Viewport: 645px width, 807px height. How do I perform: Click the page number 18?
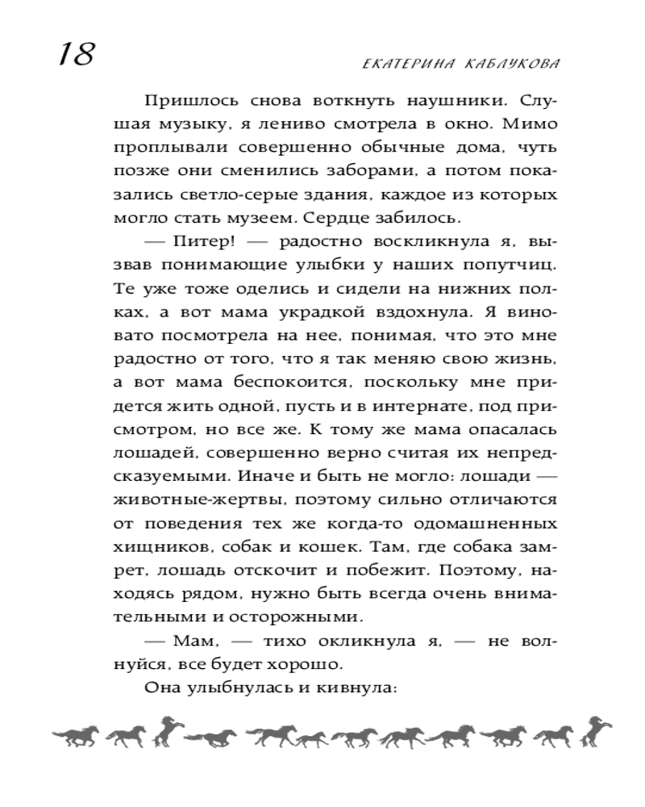click(x=75, y=56)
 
